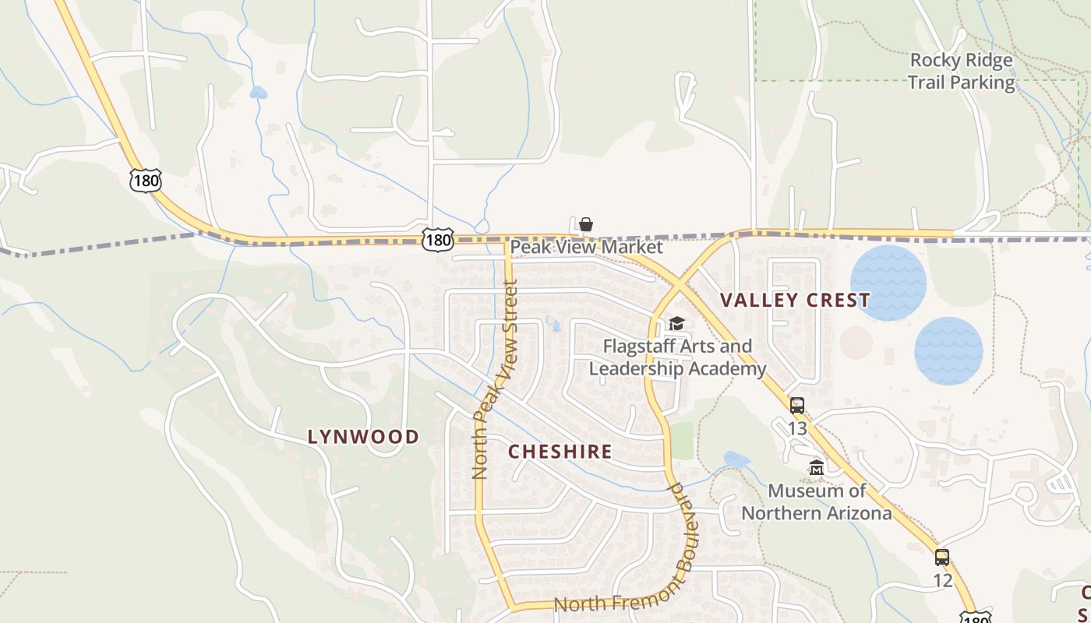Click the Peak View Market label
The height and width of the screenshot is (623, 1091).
[x=586, y=248]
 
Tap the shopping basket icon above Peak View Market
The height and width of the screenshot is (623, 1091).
[x=586, y=224]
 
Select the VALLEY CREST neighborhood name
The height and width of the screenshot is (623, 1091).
[x=795, y=301]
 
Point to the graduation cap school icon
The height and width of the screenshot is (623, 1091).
[x=676, y=323]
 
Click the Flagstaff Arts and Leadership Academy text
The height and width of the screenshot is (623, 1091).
[x=678, y=357]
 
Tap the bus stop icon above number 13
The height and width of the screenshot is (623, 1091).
[x=796, y=406]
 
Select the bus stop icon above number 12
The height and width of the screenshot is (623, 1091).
[x=942, y=558]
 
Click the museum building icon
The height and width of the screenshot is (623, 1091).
[x=817, y=468]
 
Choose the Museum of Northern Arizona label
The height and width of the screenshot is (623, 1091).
[x=817, y=502]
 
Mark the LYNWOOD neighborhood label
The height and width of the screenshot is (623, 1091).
[x=363, y=437]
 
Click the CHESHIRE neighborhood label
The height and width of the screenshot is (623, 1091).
[x=560, y=452]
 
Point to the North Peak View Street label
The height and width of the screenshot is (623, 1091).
[x=495, y=380]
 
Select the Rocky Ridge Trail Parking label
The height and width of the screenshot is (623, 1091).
[x=962, y=71]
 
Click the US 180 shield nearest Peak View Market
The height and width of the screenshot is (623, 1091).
[x=438, y=241]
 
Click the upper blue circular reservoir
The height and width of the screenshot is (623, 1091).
[x=888, y=283]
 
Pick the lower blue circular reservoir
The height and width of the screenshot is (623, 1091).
[x=948, y=350]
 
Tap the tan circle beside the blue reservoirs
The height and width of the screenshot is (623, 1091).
[x=856, y=343]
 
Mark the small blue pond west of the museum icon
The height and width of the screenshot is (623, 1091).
[x=736, y=459]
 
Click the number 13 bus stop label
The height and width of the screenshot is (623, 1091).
[x=796, y=429]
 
